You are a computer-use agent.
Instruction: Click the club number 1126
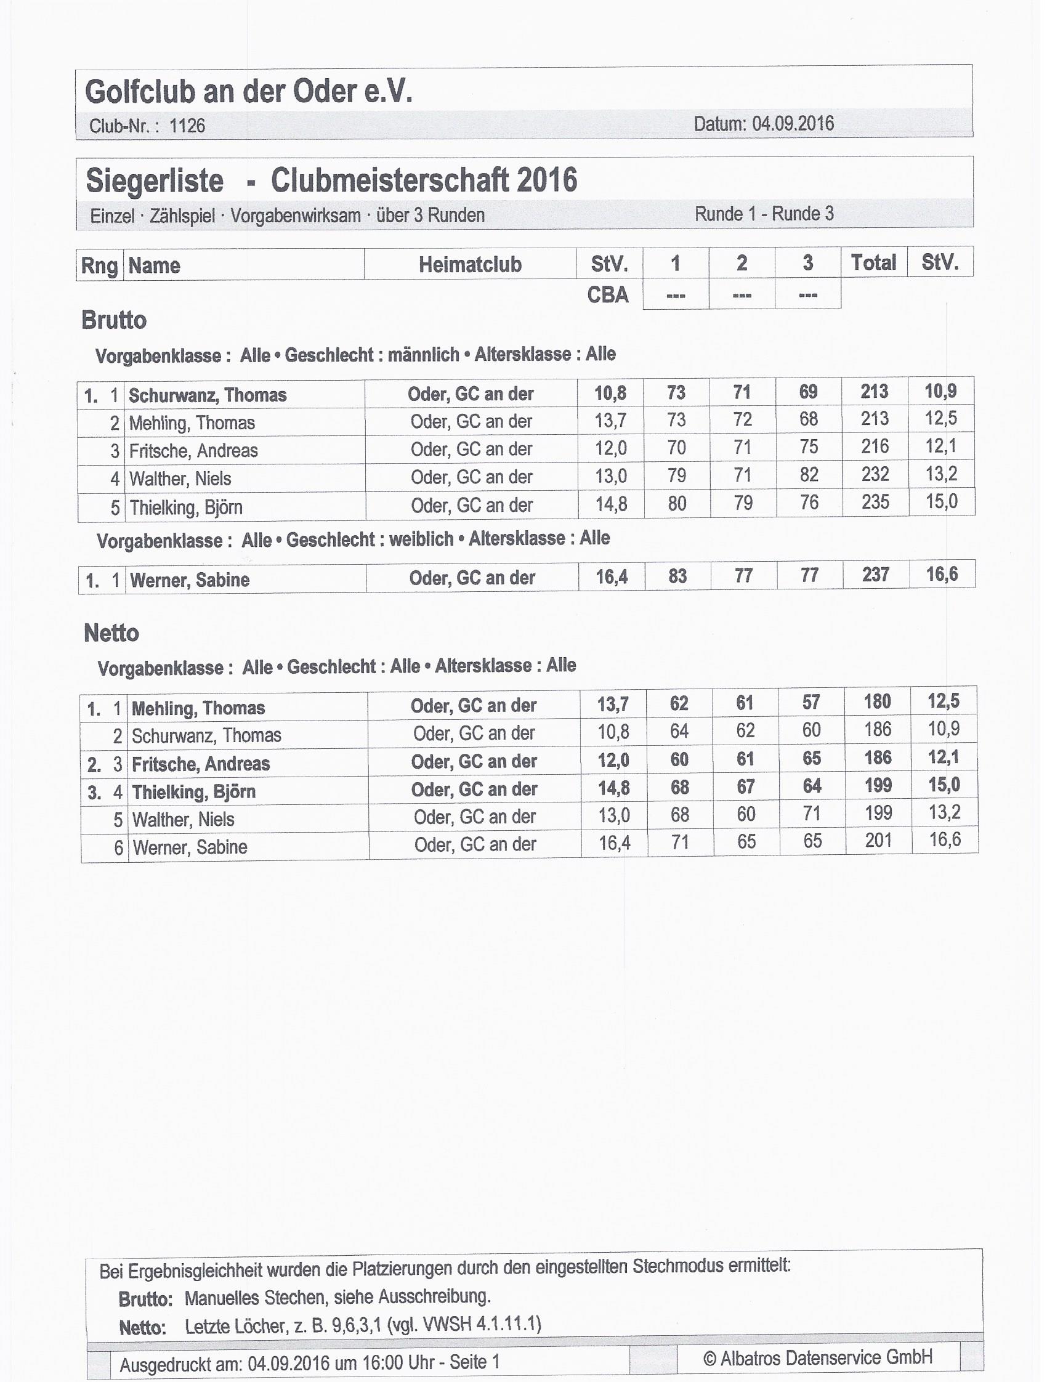pyautogui.click(x=187, y=126)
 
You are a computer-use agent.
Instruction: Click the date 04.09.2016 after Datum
pyautogui.click(x=793, y=123)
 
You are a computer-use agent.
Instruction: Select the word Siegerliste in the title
pyautogui.click(x=155, y=181)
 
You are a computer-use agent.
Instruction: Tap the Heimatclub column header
pyautogui.click(x=470, y=264)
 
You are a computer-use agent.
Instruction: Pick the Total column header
pyautogui.click(x=873, y=262)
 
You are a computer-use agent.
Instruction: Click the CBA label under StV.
pyautogui.click(x=608, y=295)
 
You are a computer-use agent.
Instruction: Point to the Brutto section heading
pyautogui.click(x=115, y=320)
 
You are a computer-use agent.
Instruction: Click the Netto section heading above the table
pyautogui.click(x=111, y=633)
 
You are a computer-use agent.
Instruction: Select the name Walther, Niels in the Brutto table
pyautogui.click(x=180, y=479)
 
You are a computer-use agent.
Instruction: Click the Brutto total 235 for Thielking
pyautogui.click(x=875, y=502)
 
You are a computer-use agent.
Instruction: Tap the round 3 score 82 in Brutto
pyautogui.click(x=809, y=475)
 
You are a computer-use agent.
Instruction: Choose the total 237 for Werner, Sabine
pyautogui.click(x=875, y=574)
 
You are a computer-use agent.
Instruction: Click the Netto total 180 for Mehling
pyautogui.click(x=877, y=701)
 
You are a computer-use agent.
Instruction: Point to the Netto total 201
pyautogui.click(x=878, y=841)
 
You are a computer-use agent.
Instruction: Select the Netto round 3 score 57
pyautogui.click(x=811, y=702)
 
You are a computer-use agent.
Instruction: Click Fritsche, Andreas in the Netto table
pyautogui.click(x=201, y=764)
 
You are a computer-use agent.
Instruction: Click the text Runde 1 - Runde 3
pyautogui.click(x=764, y=214)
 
